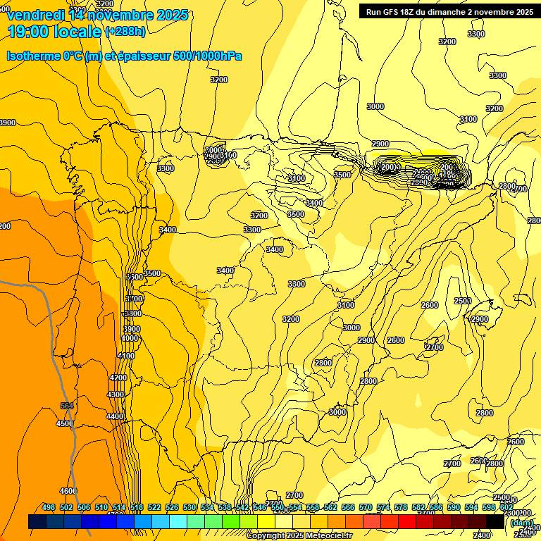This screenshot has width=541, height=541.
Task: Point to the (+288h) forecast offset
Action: pos(125,31)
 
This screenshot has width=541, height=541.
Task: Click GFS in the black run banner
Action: pos(394,12)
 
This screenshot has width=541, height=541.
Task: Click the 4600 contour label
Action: pos(68,491)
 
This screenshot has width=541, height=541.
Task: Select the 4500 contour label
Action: pos(65,423)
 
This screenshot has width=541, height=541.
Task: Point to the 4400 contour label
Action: pos(115,416)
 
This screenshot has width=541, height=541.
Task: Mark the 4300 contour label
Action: pos(115,395)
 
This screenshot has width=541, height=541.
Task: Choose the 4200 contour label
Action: pos(118,378)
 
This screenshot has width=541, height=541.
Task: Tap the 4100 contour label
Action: pos(125,356)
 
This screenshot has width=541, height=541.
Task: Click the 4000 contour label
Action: pos(130,338)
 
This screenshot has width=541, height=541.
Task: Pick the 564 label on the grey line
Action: pos(67,406)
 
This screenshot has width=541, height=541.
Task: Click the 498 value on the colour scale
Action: pos(49,507)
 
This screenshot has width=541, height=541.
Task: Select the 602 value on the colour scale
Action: pos(506,507)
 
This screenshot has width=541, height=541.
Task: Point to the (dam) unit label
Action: pos(521,522)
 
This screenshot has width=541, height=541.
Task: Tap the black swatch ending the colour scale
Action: pos(495,521)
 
